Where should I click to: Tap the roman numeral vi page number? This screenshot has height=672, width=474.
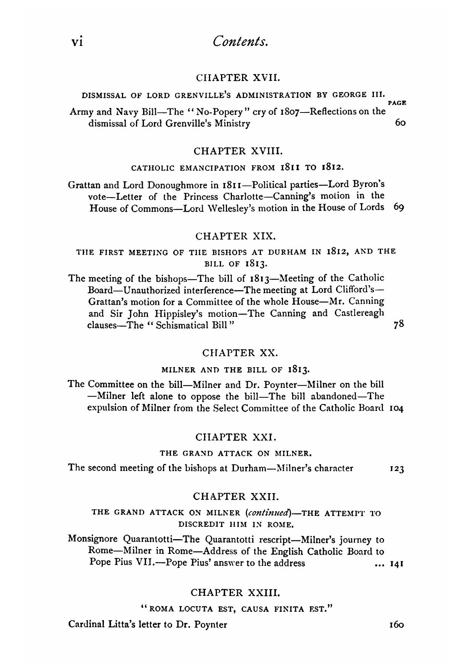pos(77,41)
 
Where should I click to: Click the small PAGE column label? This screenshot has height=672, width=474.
pos(397,103)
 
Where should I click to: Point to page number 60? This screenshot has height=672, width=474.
pos(400,123)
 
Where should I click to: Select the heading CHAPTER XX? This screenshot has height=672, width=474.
pos(240,353)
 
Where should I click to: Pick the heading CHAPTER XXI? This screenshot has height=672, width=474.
pos(236,437)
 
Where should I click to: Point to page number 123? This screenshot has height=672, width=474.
pos(397,469)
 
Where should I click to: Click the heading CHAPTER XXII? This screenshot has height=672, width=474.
pos(236,496)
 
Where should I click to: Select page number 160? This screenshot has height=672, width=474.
pos(397,625)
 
